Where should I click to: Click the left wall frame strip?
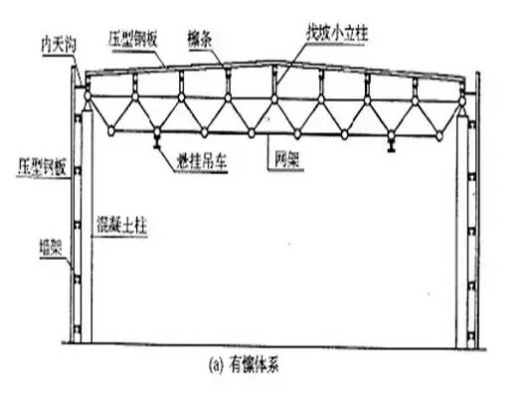[x=68, y=219]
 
